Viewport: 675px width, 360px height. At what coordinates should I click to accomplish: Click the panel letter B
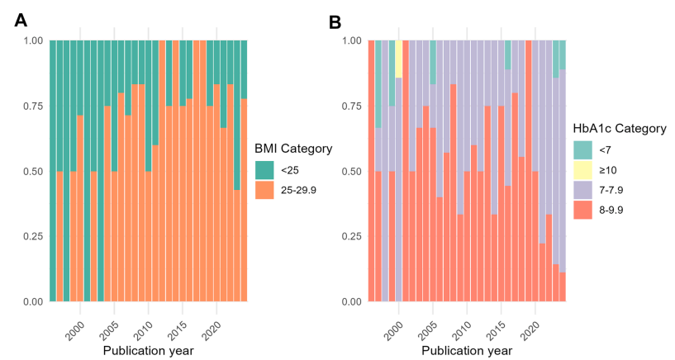[335, 21]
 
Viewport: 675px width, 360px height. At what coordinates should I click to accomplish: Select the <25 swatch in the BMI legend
[264, 171]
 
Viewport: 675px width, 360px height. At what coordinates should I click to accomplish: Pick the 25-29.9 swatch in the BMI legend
[264, 190]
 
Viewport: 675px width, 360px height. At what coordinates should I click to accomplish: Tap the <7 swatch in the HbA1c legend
[583, 151]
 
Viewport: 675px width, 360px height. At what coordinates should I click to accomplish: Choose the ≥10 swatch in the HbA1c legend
[583, 170]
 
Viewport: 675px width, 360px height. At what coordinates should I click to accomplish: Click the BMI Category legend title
[293, 149]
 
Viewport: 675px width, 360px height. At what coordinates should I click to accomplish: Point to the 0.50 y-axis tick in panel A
[32, 171]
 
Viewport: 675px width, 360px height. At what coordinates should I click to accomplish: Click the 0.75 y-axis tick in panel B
[351, 106]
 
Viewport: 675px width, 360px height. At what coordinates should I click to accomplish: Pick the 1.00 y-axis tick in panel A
[32, 40]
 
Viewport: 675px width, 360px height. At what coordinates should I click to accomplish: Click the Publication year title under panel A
[148, 350]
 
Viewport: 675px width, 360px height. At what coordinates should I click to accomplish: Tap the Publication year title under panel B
[467, 350]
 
